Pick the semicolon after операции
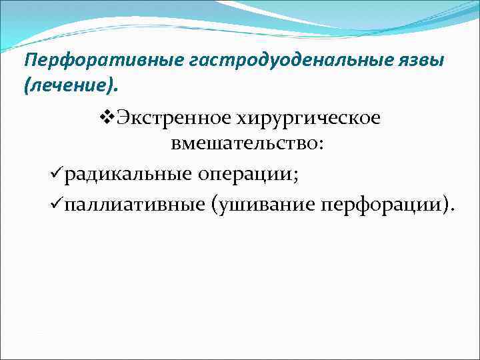coord(295,176)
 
